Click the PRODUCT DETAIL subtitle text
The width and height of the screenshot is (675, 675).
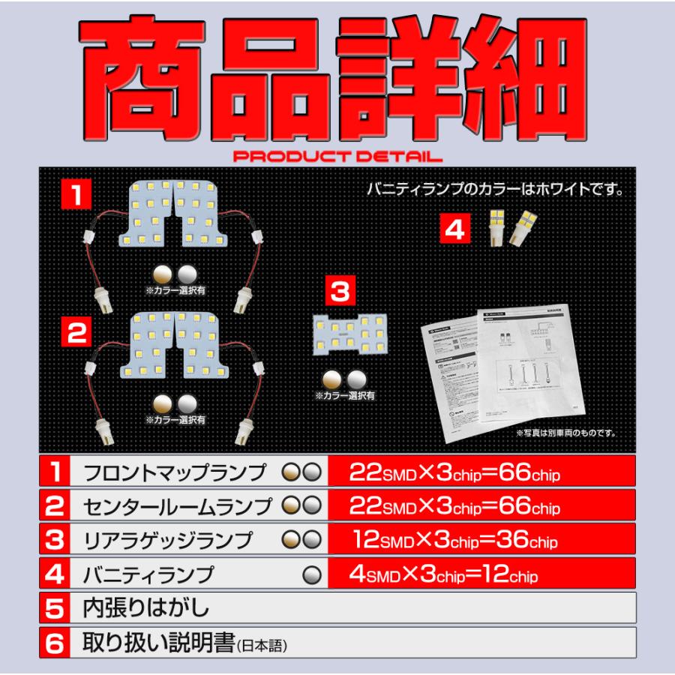[x=337, y=157]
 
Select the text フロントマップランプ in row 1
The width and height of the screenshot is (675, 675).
[x=174, y=472]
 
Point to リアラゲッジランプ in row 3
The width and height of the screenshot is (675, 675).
[x=166, y=540]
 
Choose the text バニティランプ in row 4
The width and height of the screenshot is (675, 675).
[x=148, y=574]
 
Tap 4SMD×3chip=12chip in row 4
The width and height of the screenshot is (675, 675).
[x=443, y=574]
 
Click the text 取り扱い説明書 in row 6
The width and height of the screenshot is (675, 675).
[x=157, y=643]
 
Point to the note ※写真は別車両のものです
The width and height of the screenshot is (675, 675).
[x=565, y=433]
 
